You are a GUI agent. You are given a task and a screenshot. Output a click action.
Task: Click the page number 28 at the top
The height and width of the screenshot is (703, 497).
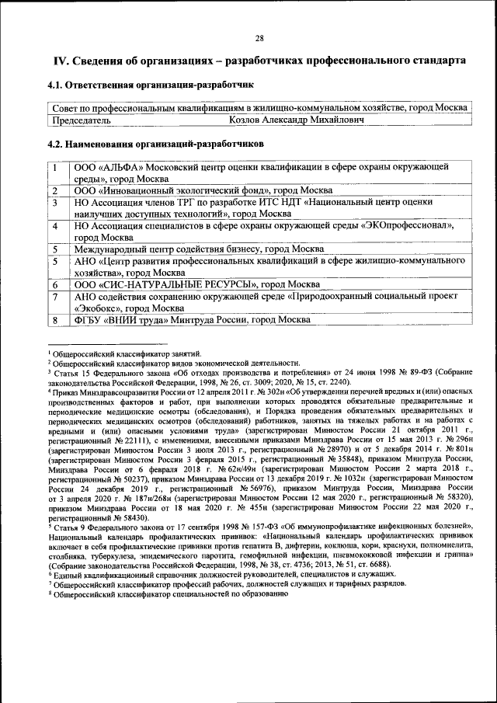coord(260,40)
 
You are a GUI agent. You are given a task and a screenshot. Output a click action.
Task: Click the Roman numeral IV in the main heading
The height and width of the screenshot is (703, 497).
coord(61,61)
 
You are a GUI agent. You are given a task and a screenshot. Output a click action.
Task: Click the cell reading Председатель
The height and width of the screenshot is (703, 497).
coord(82,120)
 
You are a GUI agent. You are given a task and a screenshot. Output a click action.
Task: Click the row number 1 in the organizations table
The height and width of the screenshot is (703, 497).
coord(56,167)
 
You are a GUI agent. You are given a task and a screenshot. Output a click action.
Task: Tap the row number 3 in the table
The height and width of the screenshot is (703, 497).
coord(56,202)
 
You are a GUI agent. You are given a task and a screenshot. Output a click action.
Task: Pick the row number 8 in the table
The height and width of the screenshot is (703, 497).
coord(56,320)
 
